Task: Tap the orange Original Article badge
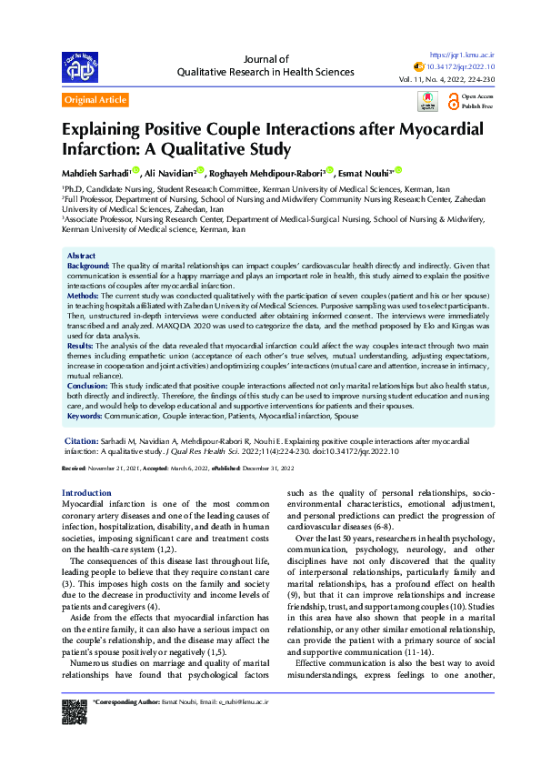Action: pos(95,100)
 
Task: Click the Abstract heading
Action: pos(82,257)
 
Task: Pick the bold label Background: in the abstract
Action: pos(89,266)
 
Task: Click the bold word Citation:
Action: pos(82,440)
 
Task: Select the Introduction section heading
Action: pos(86,492)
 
